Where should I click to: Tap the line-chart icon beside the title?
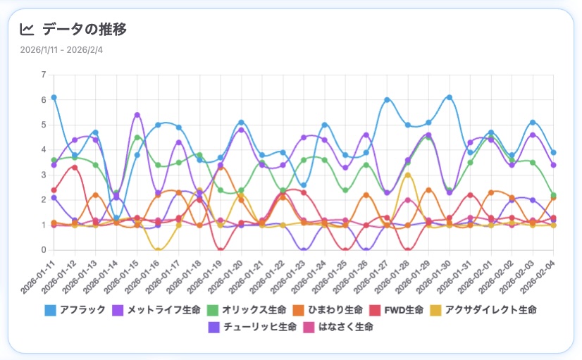click(27, 29)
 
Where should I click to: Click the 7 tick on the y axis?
click(44, 75)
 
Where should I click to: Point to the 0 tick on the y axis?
click(44, 250)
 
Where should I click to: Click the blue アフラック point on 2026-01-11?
click(54, 97)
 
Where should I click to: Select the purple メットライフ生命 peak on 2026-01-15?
click(137, 115)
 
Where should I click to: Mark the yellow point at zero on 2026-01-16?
click(158, 250)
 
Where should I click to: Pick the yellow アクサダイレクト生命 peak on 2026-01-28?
click(407, 175)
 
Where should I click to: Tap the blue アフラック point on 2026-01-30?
click(449, 97)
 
